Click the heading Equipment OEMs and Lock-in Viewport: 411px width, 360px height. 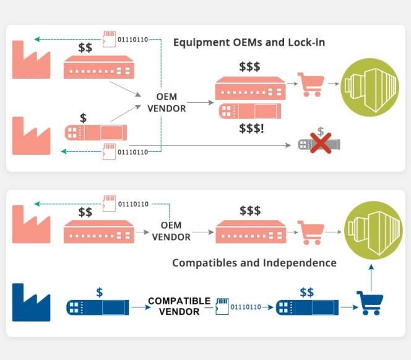click(249, 43)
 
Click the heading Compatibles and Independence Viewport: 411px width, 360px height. click(254, 263)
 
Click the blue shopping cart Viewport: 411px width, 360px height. click(370, 303)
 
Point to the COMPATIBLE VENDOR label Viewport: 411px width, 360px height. click(179, 306)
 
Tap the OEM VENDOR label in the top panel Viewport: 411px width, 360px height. click(166, 102)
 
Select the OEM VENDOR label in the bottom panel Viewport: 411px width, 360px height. click(171, 231)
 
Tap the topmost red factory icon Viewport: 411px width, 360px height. click(32, 59)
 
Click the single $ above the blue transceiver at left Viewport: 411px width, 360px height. click(99, 292)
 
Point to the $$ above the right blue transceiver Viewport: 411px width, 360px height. click(306, 292)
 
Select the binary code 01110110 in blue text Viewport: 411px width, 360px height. click(246, 307)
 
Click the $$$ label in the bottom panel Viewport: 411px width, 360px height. click(249, 211)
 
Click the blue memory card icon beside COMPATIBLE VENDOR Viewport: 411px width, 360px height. click(222, 306)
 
